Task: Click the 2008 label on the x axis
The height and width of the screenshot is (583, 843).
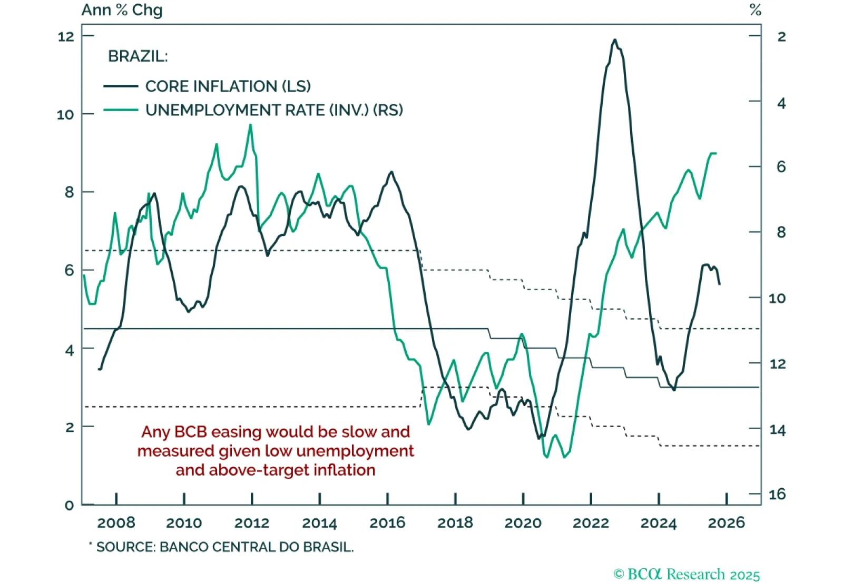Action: pos(116,523)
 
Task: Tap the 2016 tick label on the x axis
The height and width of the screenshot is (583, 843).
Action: pos(387,523)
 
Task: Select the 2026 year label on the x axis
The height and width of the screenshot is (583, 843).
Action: pos(726,523)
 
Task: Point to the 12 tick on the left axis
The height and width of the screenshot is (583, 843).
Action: pos(66,36)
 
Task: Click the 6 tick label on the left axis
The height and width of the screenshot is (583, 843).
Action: pos(70,271)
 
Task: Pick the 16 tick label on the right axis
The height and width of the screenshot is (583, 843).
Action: pos(777,495)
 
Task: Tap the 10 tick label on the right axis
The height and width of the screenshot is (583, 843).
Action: pos(777,299)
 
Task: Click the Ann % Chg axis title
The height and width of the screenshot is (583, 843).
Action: pos(122,10)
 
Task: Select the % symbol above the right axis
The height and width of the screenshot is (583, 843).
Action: pos(756,10)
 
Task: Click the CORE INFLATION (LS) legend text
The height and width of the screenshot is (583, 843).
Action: pos(228,86)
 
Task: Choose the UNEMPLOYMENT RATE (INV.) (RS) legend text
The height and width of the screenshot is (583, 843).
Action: pos(274,110)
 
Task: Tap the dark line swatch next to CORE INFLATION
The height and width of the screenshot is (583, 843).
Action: pos(121,86)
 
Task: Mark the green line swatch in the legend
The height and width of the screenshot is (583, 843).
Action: pos(121,110)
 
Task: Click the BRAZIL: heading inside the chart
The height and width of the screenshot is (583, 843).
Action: pos(138,56)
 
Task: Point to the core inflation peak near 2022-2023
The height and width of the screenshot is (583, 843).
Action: pos(614,40)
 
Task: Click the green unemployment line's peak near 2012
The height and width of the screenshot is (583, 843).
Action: pos(251,125)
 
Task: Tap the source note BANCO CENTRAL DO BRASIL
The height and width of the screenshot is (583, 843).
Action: pos(256,547)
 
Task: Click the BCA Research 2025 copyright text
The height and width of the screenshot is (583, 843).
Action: pos(687,574)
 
